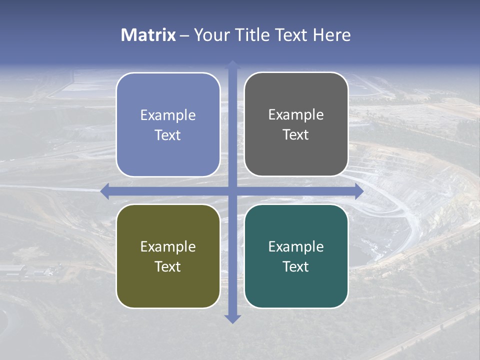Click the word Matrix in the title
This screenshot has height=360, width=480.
pyautogui.click(x=148, y=35)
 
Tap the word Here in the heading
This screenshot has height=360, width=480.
pyautogui.click(x=332, y=35)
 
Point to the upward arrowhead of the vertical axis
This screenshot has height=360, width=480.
pyautogui.click(x=232, y=64)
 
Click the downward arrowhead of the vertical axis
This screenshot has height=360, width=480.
pyautogui.click(x=232, y=318)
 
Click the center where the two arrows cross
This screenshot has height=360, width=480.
pyautogui.click(x=232, y=191)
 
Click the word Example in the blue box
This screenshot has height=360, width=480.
pyautogui.click(x=168, y=115)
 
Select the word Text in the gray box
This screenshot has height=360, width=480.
pyautogui.click(x=296, y=135)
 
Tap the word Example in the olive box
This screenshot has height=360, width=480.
pyautogui.click(x=168, y=247)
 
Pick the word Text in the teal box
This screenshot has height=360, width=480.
pyautogui.click(x=296, y=266)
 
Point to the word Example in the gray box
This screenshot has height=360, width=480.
pyautogui.click(x=296, y=115)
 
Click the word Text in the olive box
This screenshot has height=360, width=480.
pyautogui.click(x=168, y=266)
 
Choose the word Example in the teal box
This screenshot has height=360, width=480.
pyautogui.click(x=296, y=247)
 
